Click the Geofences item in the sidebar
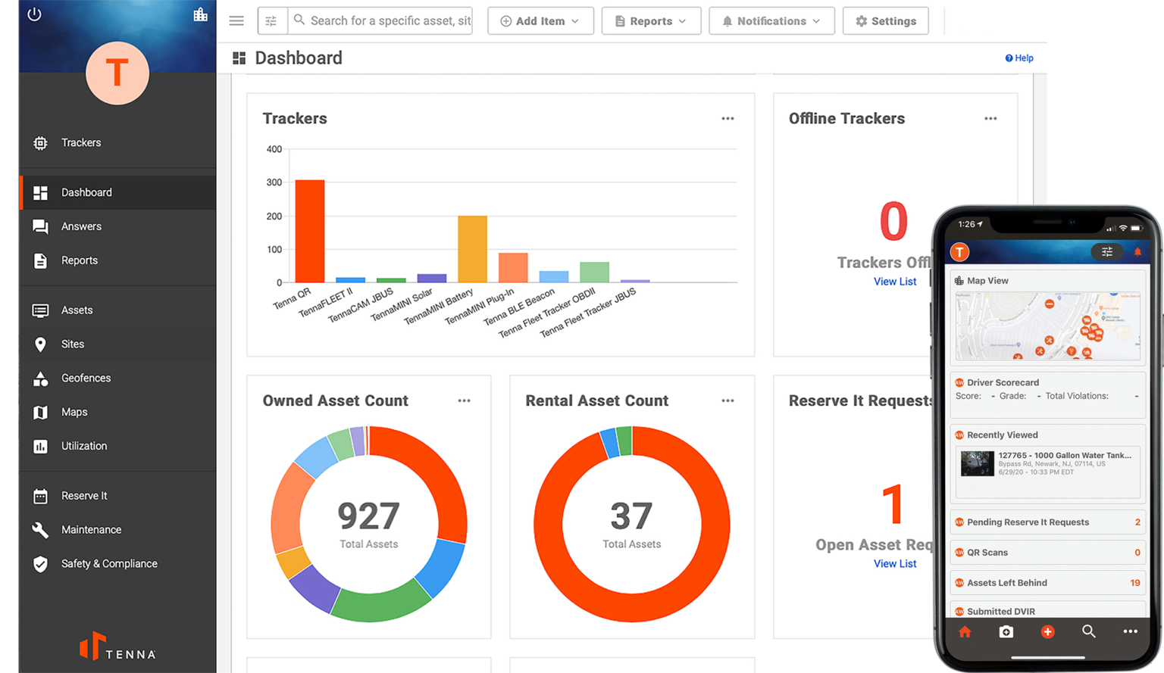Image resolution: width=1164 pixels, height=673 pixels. (86, 378)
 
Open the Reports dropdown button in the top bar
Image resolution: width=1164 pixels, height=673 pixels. (651, 21)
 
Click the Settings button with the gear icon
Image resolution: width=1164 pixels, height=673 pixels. (885, 21)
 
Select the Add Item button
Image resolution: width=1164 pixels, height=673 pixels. (540, 21)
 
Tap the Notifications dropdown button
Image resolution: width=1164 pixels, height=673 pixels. (771, 21)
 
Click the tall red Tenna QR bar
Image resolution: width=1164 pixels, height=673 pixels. (309, 231)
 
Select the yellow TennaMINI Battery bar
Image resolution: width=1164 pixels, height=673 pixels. (472, 249)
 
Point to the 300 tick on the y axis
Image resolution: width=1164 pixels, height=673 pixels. (274, 182)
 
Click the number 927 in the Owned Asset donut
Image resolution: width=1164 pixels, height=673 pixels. (368, 516)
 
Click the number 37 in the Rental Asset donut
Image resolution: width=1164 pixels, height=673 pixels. (631, 516)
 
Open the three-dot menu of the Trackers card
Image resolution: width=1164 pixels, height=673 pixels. (727, 119)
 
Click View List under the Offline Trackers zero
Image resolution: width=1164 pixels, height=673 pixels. (895, 282)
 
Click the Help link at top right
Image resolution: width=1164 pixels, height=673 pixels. (1019, 58)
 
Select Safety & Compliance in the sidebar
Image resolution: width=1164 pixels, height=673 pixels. (109, 563)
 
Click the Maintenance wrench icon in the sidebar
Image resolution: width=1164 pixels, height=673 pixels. (41, 530)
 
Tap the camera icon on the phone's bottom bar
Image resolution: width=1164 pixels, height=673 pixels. (1006, 631)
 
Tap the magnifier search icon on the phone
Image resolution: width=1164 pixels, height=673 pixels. (1089, 631)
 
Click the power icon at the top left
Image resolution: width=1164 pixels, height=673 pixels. (34, 14)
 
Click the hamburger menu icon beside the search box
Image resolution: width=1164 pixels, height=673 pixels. (236, 21)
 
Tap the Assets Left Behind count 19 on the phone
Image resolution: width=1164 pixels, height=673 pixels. (1134, 583)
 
